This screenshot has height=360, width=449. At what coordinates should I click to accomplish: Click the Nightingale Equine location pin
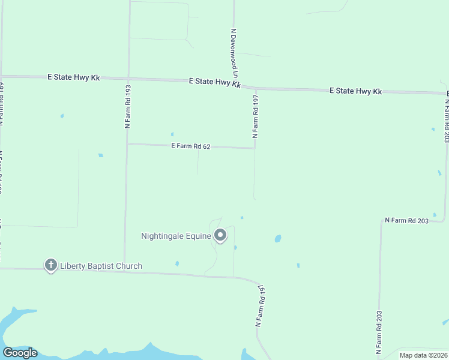pos(220,236)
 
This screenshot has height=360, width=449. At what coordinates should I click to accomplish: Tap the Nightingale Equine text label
pos(176,236)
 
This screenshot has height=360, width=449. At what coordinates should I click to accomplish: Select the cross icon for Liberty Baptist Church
pos(51,265)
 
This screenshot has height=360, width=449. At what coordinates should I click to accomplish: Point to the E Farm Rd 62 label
pos(190,146)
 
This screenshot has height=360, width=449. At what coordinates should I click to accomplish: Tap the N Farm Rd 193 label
pos(127,106)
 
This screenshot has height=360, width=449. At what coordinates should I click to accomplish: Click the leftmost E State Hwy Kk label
pos(74,77)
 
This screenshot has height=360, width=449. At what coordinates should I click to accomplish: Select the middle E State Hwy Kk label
pos(214,83)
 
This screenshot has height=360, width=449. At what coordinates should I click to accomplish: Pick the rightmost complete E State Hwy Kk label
pos(355,91)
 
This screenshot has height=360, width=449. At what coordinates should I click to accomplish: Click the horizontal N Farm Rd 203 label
pos(406,221)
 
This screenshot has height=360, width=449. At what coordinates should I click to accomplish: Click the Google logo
pos(20,353)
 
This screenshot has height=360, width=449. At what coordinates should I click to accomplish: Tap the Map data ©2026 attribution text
pos(423,355)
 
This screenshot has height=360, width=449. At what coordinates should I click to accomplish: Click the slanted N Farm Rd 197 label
pos(260,305)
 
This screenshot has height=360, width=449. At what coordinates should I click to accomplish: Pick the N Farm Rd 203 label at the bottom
pos(379,334)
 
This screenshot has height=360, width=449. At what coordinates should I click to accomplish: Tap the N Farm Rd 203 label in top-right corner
pos(446,120)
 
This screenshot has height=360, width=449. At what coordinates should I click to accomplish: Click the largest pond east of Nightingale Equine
pos(278,238)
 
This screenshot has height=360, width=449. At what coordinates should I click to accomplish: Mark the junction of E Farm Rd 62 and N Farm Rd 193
pos(127,144)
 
